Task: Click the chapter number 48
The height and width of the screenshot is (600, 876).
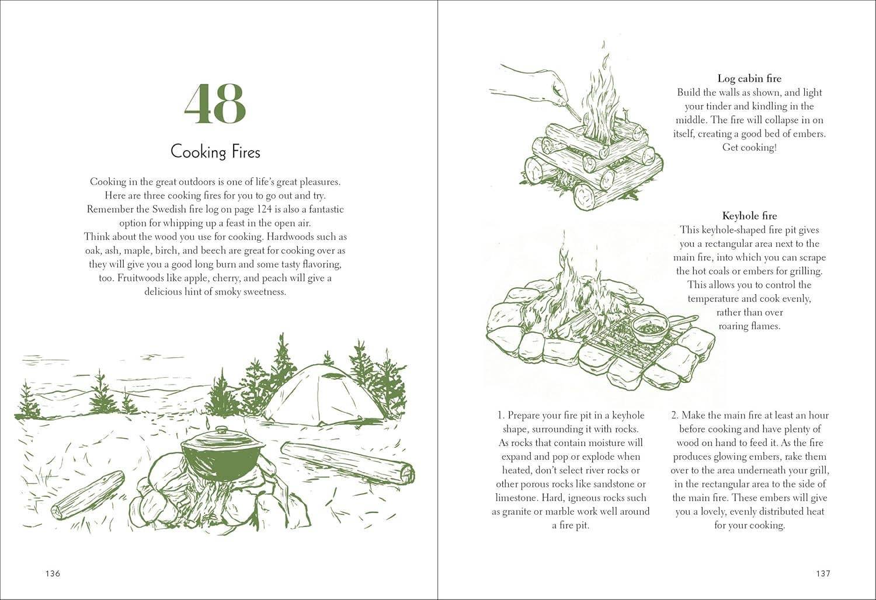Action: (x=215, y=104)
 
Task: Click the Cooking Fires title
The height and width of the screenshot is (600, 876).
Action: (x=215, y=152)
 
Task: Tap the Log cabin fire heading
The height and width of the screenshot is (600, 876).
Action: (x=749, y=78)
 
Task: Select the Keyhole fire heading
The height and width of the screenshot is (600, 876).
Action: (x=749, y=216)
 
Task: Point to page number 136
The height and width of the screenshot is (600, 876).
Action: (x=53, y=573)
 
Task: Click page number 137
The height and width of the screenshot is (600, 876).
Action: (x=823, y=573)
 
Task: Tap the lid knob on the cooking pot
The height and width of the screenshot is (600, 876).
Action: (x=221, y=430)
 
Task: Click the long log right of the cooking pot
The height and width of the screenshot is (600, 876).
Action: (x=347, y=462)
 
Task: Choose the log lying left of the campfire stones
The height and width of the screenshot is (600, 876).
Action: (x=88, y=495)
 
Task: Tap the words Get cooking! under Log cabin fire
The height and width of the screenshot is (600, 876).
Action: (x=749, y=147)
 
